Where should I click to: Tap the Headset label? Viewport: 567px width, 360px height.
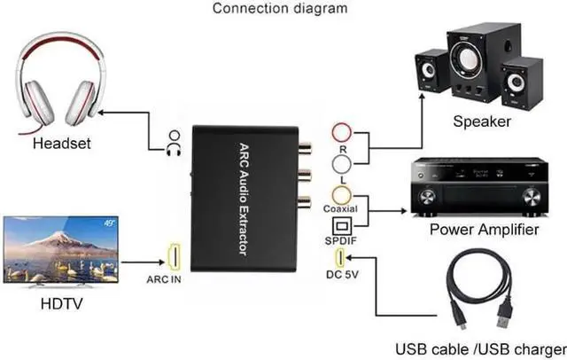[62, 144]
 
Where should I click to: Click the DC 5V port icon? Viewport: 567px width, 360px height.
[341, 260]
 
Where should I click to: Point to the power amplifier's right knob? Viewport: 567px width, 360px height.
[527, 195]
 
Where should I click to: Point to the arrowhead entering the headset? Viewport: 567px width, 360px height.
[105, 112]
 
